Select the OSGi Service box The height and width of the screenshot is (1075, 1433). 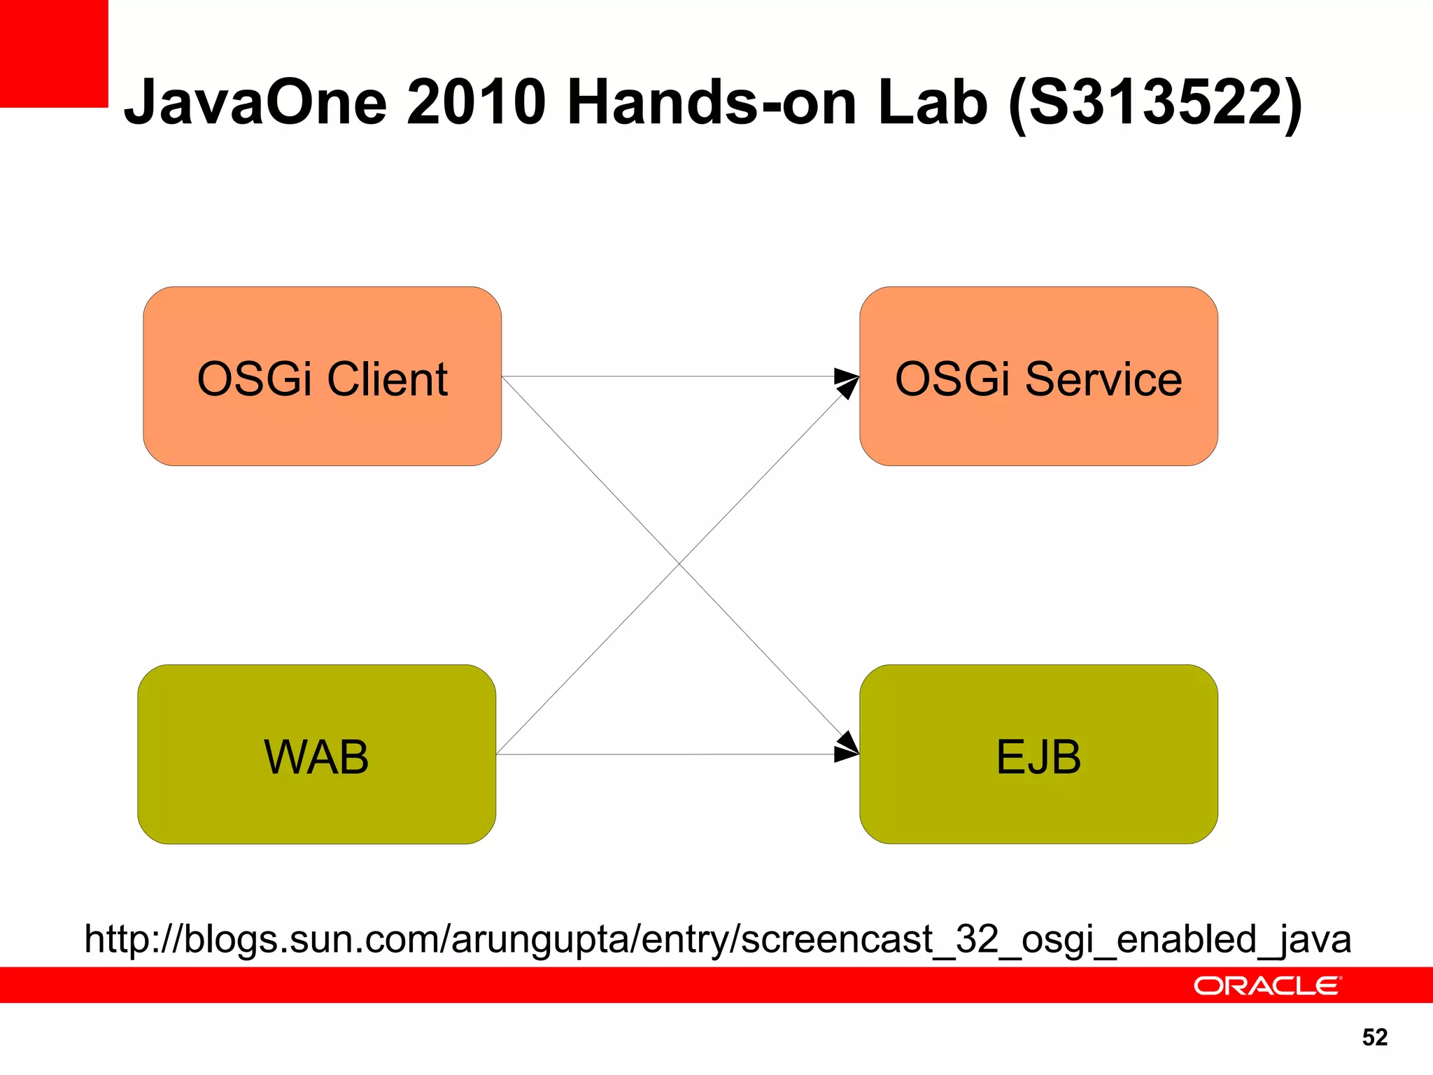tap(1038, 427)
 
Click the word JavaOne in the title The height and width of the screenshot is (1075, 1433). tap(255, 102)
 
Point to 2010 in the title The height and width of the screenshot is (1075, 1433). tap(476, 102)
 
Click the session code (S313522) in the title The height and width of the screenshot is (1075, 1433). tap(1155, 102)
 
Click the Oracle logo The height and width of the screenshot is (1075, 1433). tap(1266, 985)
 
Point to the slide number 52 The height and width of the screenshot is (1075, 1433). tap(1374, 1037)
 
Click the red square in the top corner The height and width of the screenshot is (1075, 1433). tap(54, 53)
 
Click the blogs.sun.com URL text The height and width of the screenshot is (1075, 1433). tap(717, 939)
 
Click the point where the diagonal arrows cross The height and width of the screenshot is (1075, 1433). tap(679, 564)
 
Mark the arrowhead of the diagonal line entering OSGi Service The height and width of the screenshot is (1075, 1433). tap(848, 388)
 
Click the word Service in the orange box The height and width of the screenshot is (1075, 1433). tap(1103, 379)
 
